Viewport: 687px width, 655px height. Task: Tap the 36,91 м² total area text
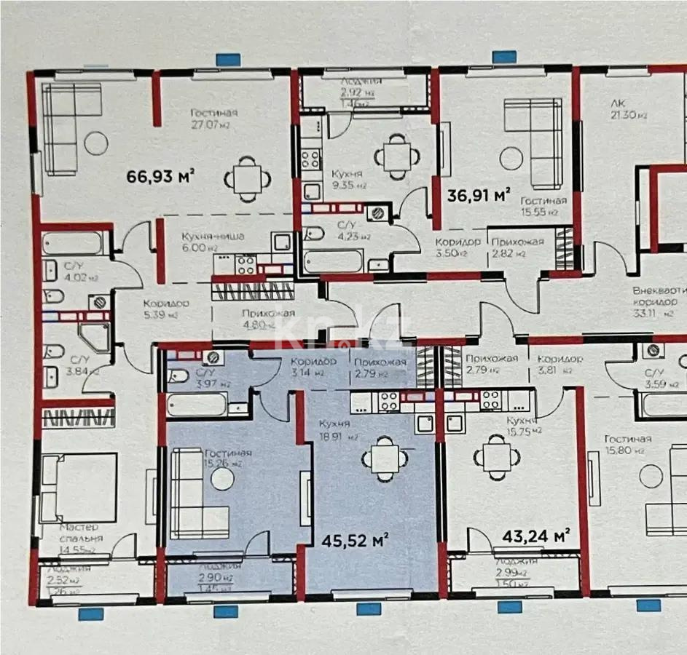click(x=477, y=195)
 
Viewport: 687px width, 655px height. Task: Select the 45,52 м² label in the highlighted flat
click(x=355, y=540)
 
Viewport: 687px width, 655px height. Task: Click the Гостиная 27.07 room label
click(x=214, y=118)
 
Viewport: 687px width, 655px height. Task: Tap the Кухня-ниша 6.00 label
click(x=213, y=241)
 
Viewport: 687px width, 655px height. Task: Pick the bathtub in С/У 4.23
click(x=332, y=261)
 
